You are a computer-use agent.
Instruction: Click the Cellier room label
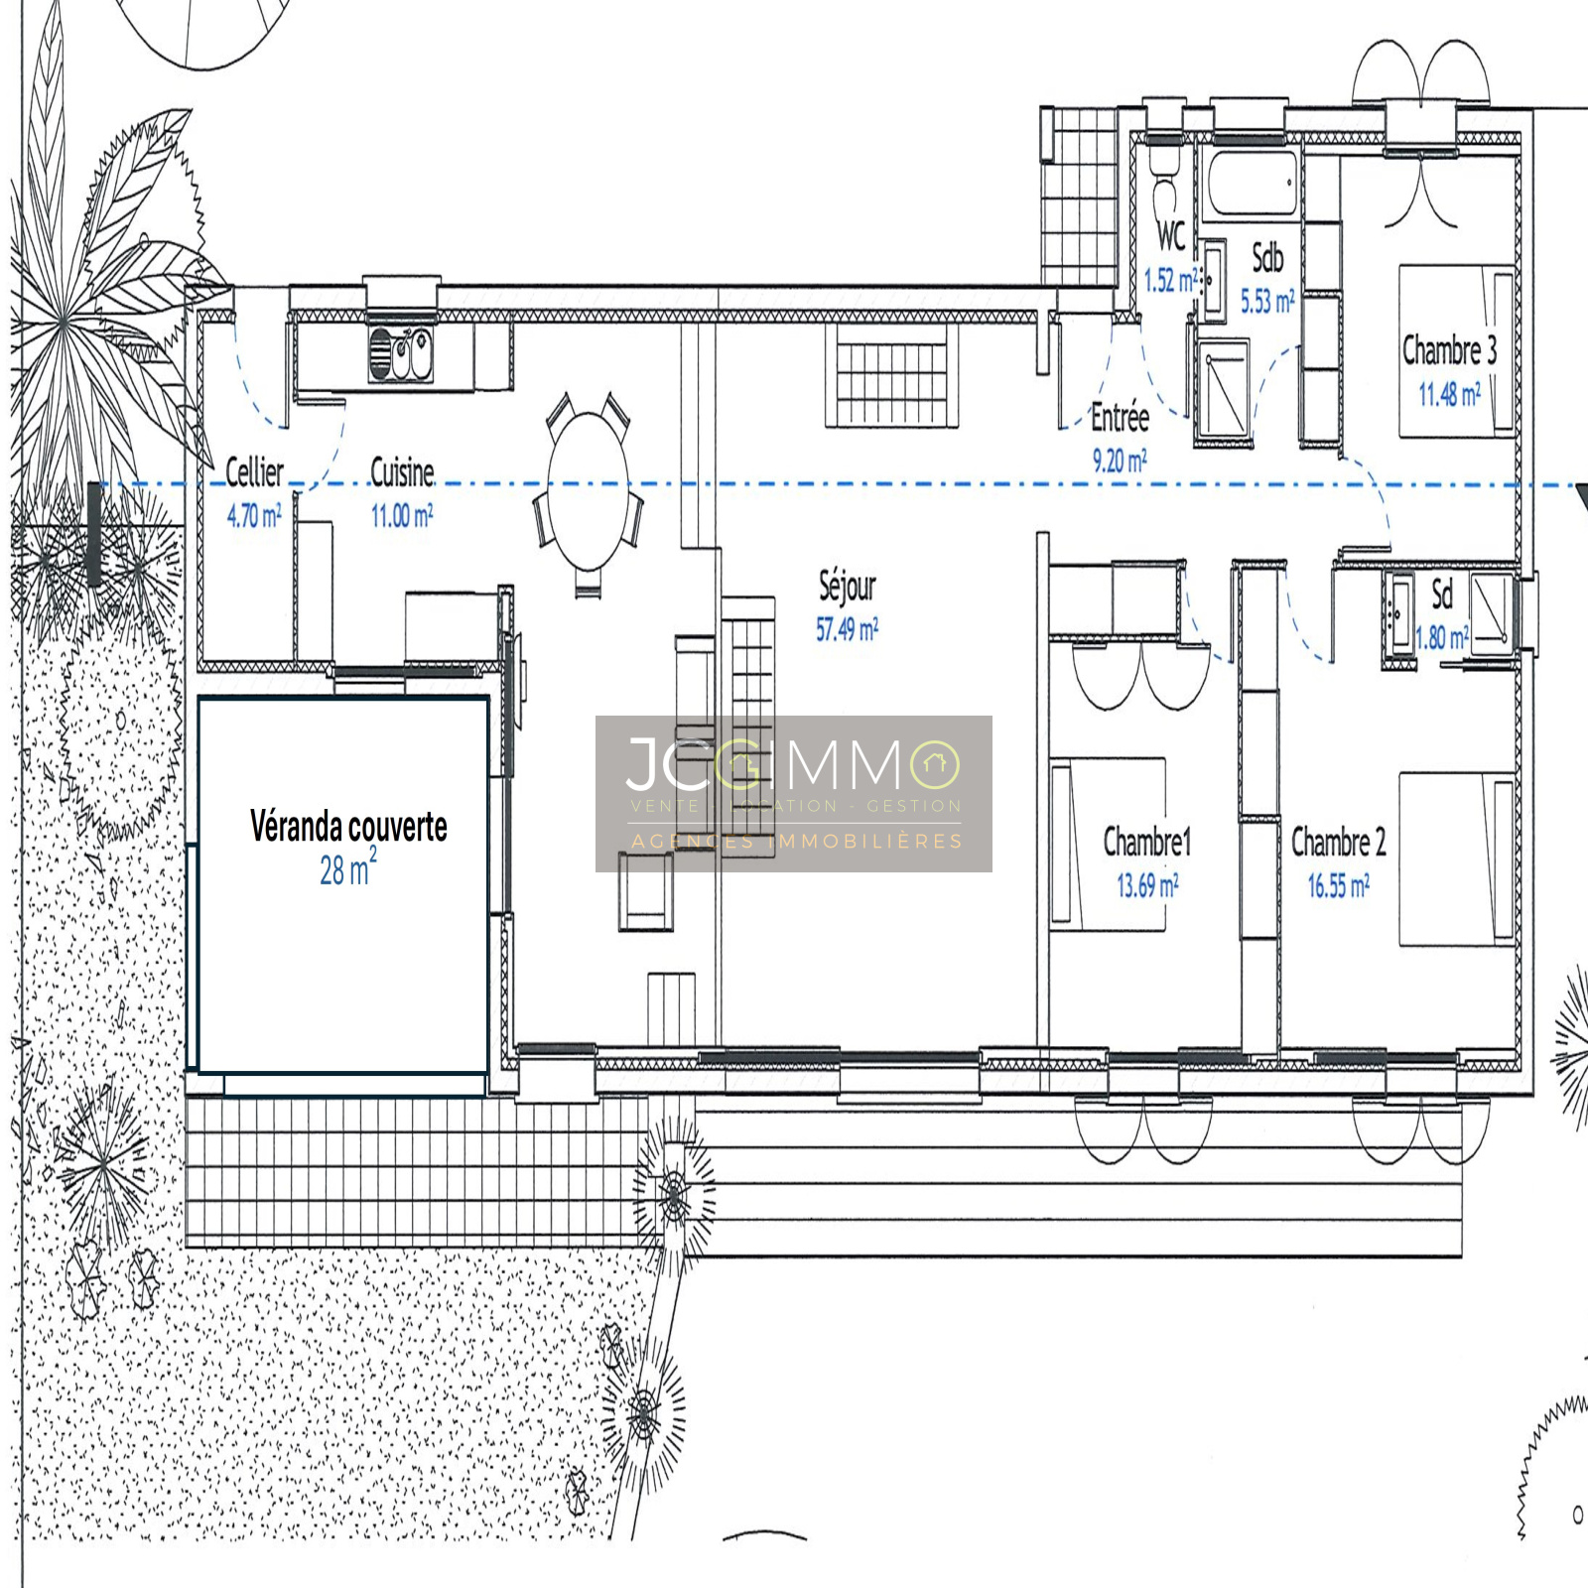(x=254, y=472)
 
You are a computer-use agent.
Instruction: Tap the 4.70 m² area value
(x=254, y=515)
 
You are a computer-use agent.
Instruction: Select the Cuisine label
(x=402, y=472)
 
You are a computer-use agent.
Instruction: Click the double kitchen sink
(x=401, y=353)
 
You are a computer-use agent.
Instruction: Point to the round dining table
(x=589, y=490)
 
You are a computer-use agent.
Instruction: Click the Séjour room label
(x=848, y=586)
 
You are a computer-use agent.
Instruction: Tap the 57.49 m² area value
(x=848, y=628)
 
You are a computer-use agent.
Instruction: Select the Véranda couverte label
(x=348, y=826)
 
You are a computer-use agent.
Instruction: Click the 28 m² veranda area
(x=347, y=867)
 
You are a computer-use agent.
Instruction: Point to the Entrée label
(x=1120, y=417)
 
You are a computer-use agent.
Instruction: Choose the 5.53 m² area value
(x=1267, y=301)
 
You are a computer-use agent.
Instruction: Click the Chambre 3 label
(x=1449, y=349)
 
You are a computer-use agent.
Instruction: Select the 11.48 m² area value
(x=1449, y=394)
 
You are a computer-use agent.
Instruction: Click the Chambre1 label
(x=1147, y=842)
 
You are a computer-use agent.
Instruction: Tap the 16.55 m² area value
(x=1339, y=885)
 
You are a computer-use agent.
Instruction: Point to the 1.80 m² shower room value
(x=1441, y=637)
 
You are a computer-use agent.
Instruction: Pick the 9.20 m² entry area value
(x=1120, y=460)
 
